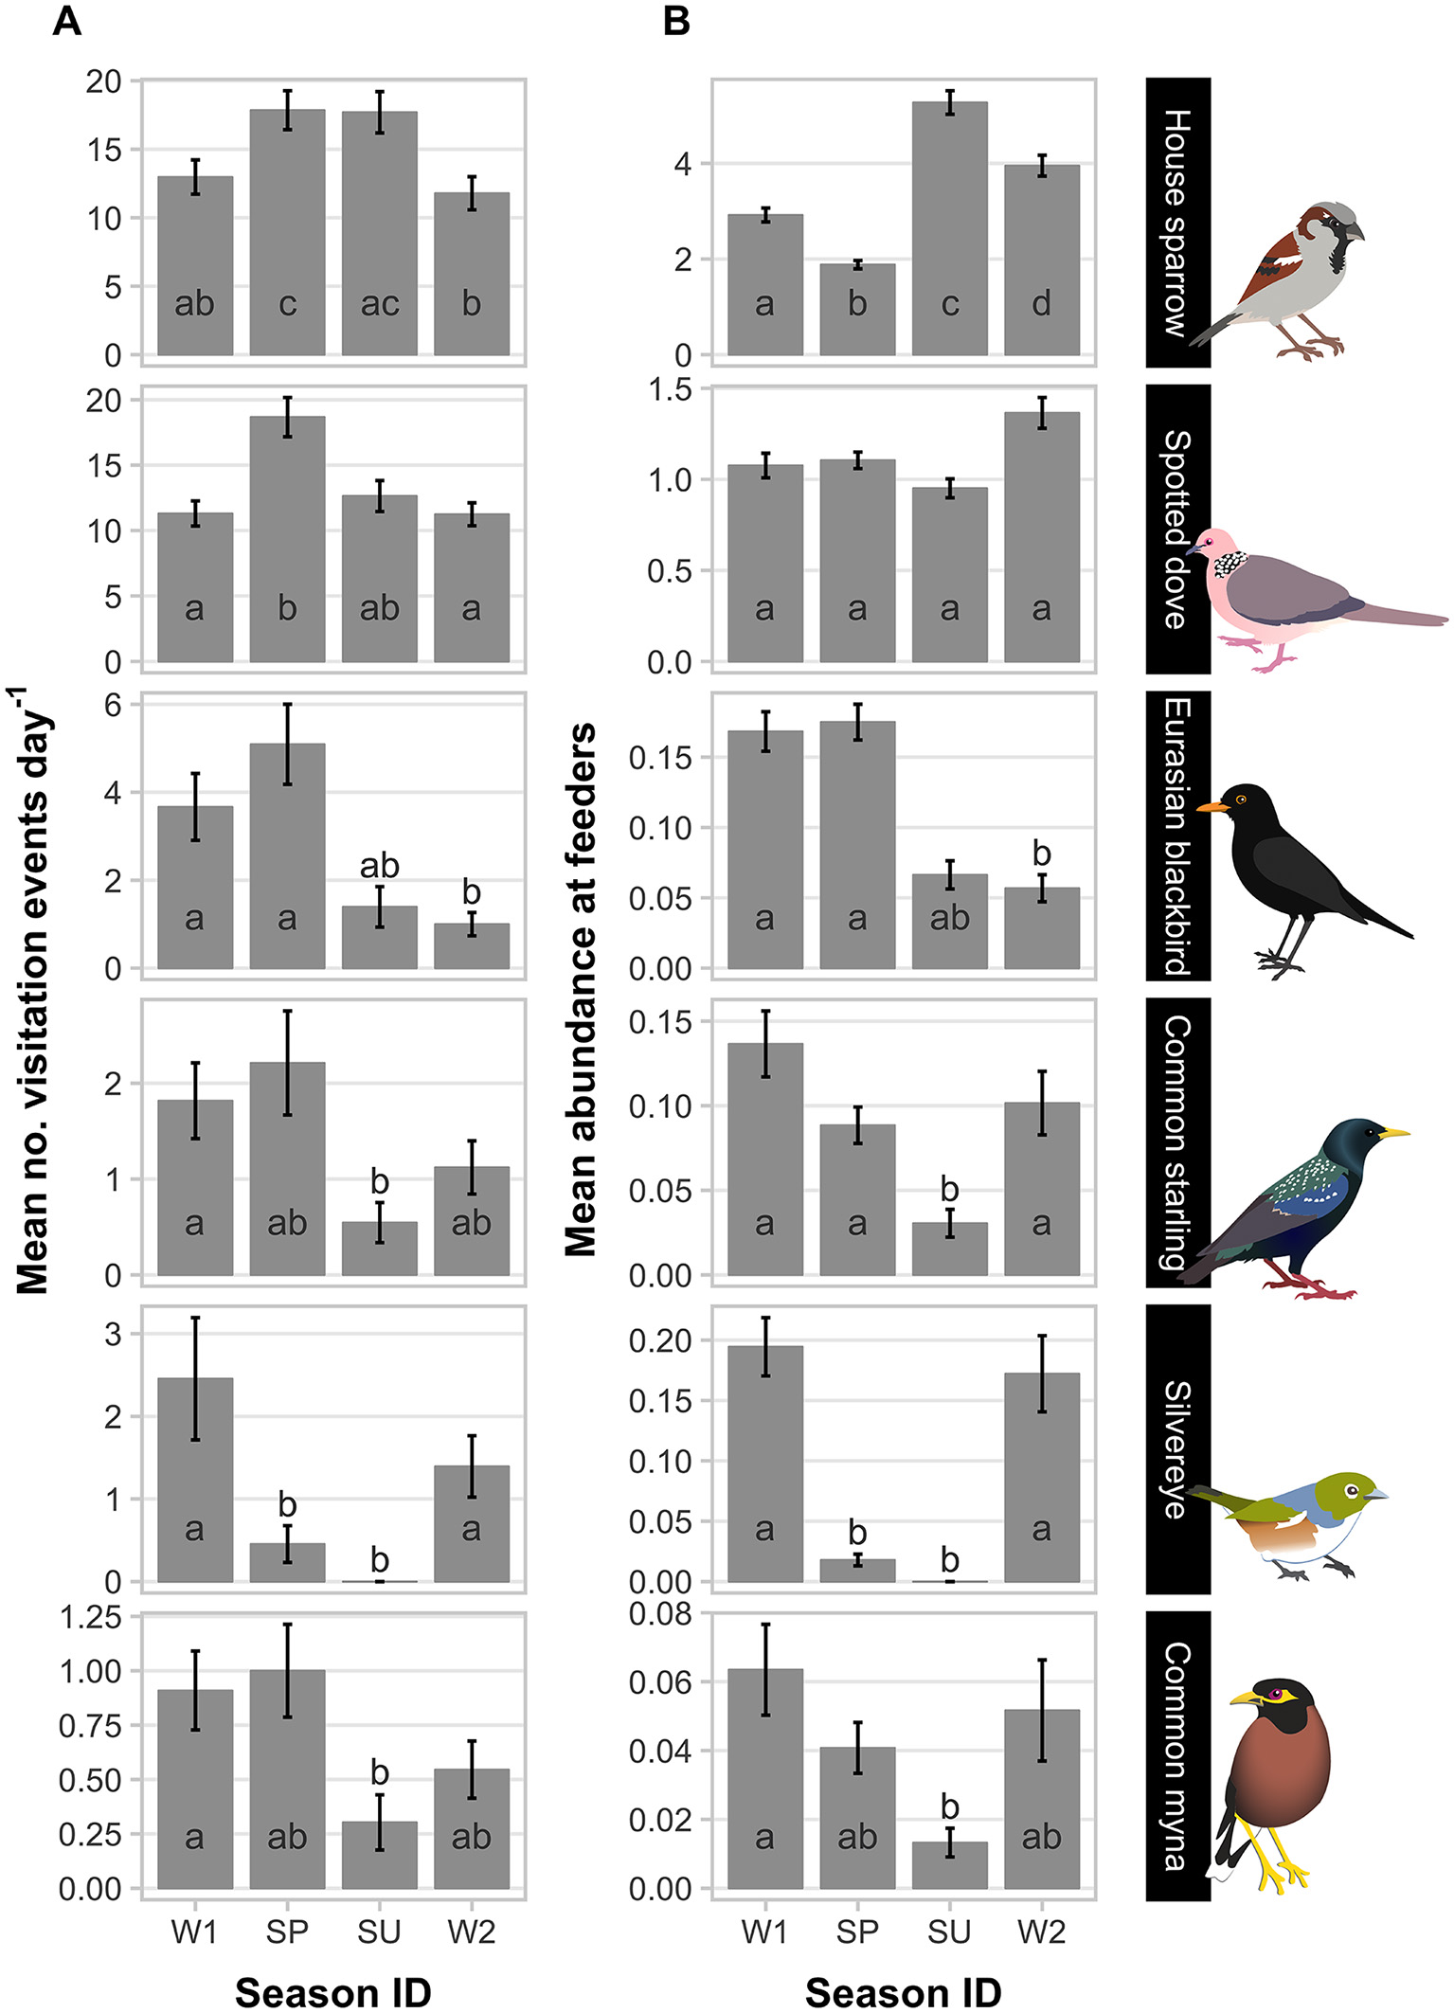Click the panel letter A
[66, 21]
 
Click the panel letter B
[676, 21]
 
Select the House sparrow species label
[1177, 223]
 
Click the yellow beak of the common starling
[1393, 1132]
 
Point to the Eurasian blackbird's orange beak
[1212, 807]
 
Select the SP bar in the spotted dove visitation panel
[287, 540]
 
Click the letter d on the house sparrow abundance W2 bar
[1041, 304]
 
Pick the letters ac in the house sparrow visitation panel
[379, 304]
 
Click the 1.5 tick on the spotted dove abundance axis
[672, 389]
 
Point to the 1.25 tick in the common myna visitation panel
[90, 1617]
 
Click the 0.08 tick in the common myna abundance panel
[660, 1613]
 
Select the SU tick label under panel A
[379, 1931]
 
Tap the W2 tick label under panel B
[1041, 1931]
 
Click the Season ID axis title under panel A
[332, 1991]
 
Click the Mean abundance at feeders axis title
[581, 990]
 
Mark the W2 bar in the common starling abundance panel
[1041, 1189]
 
